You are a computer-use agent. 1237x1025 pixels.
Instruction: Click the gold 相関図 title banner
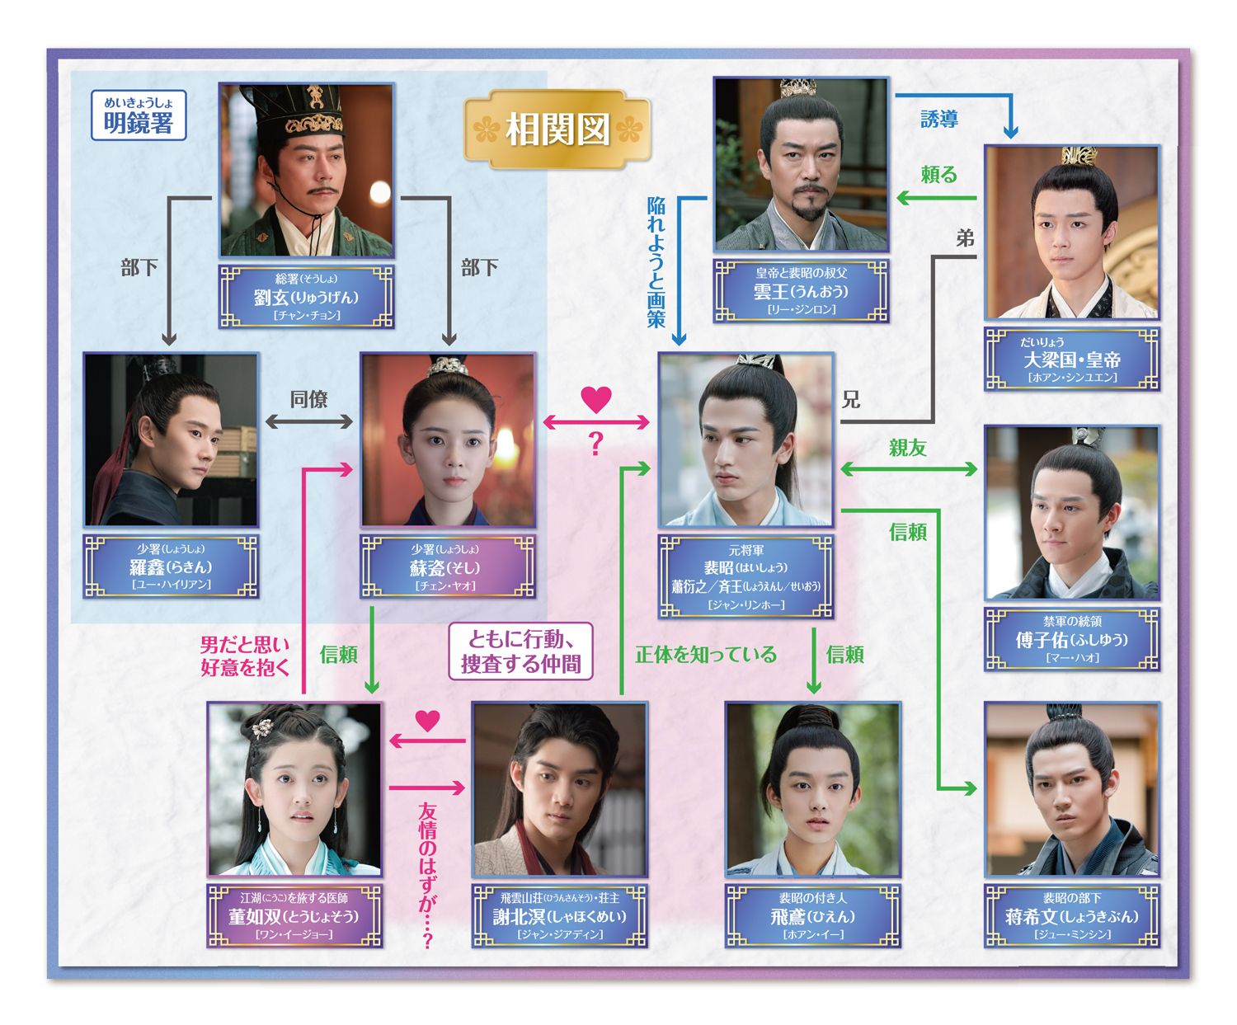(x=557, y=129)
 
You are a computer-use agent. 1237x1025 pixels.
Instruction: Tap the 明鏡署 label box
(x=139, y=115)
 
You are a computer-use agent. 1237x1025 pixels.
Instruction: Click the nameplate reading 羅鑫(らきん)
(x=171, y=567)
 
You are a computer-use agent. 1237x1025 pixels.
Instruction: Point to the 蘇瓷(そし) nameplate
(x=448, y=567)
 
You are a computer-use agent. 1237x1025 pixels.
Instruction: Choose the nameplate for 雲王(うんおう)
(x=801, y=292)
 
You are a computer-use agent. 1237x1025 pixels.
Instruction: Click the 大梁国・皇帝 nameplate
(x=1071, y=360)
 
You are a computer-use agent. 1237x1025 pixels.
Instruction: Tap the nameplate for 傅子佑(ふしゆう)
(x=1071, y=640)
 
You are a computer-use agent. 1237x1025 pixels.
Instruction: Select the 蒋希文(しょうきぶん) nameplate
(x=1071, y=916)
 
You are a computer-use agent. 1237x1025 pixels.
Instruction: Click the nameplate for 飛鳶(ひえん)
(x=812, y=916)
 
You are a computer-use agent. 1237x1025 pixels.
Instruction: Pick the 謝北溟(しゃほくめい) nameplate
(x=559, y=916)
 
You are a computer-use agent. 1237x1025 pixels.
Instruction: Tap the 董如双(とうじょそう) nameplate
(x=294, y=916)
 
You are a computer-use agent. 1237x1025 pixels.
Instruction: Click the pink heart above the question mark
(x=596, y=399)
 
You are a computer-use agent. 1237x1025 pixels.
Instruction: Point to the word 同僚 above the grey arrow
(x=309, y=399)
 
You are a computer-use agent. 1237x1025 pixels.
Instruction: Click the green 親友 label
(x=908, y=448)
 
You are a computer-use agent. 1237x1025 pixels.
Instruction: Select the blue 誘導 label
(x=939, y=120)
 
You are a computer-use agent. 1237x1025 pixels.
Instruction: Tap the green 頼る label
(x=939, y=175)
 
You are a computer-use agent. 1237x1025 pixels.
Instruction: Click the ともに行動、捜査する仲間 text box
(x=520, y=651)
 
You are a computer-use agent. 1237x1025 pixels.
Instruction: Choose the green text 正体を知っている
(x=706, y=655)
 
